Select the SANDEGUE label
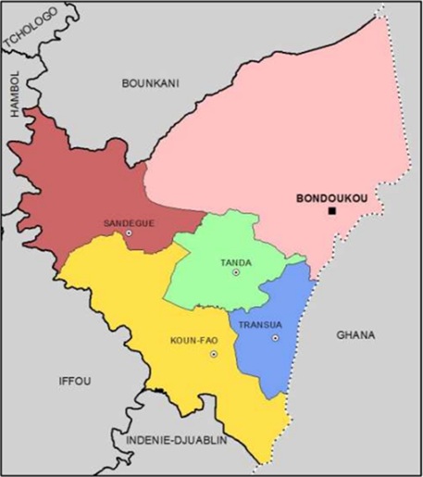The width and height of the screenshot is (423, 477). point(129,223)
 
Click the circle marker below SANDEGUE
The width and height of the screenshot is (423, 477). point(129,233)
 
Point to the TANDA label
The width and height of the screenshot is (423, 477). point(236,263)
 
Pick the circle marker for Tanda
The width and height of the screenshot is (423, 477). point(236,273)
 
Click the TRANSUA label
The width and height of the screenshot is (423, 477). point(258,325)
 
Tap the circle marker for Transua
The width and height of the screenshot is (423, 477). point(275,338)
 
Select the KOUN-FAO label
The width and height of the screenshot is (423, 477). point(193,340)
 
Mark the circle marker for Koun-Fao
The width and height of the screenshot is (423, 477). point(214,354)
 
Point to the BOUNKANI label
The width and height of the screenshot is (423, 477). point(150,83)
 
